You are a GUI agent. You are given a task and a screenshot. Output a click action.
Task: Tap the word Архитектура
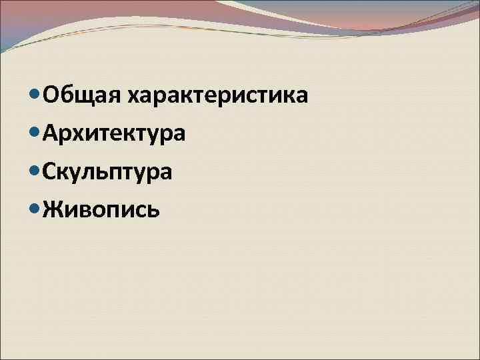click(x=113, y=135)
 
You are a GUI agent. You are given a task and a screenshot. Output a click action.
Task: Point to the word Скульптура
click(x=107, y=173)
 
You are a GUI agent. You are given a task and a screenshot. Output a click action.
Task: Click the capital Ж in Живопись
click(x=51, y=210)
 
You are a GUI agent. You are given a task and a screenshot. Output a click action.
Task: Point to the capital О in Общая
click(x=50, y=96)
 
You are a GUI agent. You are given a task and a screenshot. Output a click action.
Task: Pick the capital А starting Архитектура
click(x=49, y=134)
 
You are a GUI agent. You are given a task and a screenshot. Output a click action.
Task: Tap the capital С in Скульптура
click(x=49, y=172)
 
